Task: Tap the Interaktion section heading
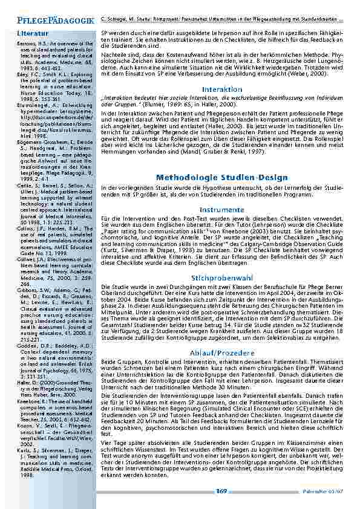click(221, 89)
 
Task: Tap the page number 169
click(221, 491)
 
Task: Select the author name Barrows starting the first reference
click(26, 44)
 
